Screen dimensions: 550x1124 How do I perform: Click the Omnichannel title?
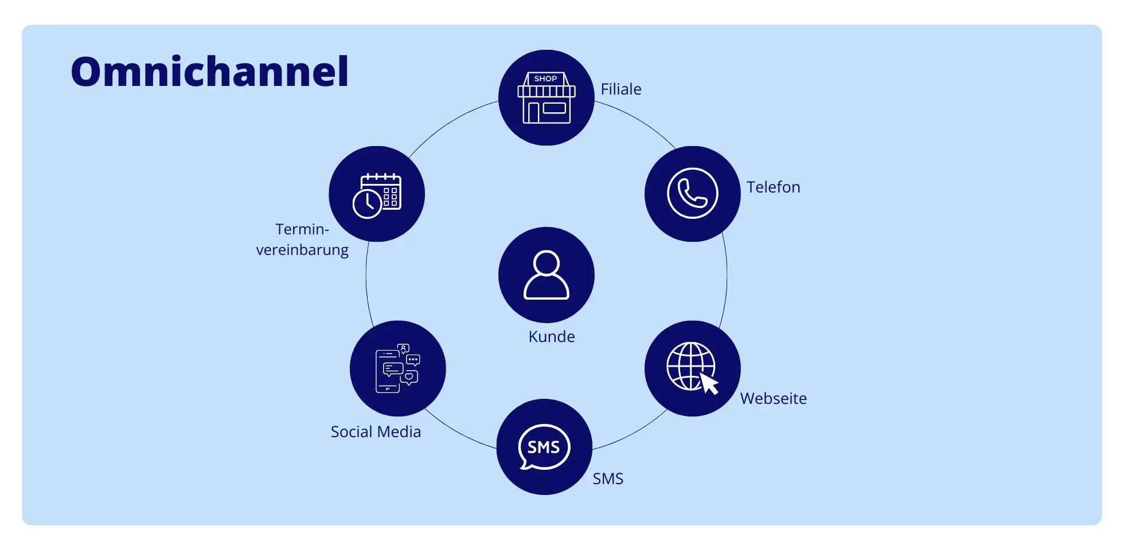point(209,72)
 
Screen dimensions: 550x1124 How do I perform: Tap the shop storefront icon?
point(546,98)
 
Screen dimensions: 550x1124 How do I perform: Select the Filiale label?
point(620,89)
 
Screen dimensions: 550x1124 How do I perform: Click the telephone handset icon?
point(692,194)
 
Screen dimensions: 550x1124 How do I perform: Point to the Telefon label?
point(773,187)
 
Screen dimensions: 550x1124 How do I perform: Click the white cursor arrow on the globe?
point(709,384)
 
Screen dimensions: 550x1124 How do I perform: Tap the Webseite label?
point(773,399)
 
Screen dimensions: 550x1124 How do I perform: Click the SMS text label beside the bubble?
point(608,479)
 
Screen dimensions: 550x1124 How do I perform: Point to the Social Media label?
point(376,432)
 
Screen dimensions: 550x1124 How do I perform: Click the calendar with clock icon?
point(377,195)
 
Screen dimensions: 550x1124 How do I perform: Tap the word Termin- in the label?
point(302,230)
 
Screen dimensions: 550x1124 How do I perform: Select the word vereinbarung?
point(302,250)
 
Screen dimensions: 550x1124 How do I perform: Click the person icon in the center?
point(546,275)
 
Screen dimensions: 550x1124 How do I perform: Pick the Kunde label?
point(551,337)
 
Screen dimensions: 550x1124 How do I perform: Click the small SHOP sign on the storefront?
point(545,79)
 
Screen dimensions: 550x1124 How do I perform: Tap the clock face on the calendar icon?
point(367,203)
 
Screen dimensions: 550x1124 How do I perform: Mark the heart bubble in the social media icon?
point(409,377)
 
